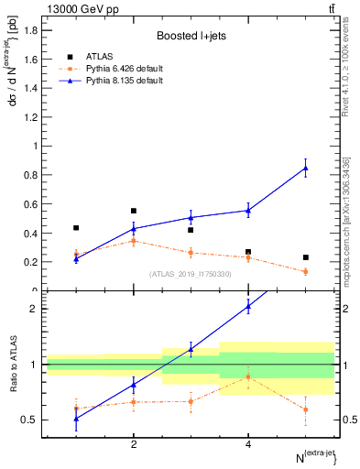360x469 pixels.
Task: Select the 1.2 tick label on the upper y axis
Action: coord(30,116)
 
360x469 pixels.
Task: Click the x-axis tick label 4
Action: coord(248,444)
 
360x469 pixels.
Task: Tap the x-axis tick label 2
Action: coord(134,444)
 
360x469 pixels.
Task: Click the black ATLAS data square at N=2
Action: coord(134,211)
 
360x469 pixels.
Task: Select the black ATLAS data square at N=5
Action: coord(305,257)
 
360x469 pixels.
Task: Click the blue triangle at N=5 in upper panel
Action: coord(305,168)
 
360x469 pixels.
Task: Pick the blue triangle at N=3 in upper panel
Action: coord(191,217)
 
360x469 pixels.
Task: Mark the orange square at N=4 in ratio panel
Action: coord(248,376)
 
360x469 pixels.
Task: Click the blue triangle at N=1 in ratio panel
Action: coord(76,419)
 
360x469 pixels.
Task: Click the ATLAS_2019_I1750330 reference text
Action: coord(191,274)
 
